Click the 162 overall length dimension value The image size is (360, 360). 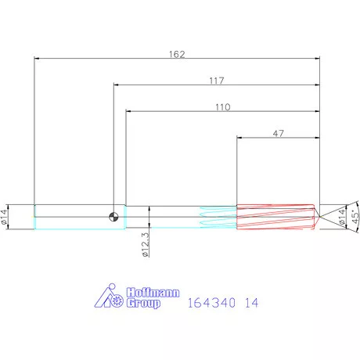[177, 54]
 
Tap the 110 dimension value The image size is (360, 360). [222, 108]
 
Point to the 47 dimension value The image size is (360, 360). [278, 135]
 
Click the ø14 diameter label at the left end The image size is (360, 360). [5, 217]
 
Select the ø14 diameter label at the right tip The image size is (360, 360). [341, 217]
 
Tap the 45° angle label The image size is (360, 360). [355, 217]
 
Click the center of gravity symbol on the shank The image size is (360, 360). [114, 217]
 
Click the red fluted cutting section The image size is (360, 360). [274, 217]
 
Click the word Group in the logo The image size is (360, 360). [143, 303]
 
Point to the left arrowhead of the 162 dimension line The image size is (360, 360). [37, 58]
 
